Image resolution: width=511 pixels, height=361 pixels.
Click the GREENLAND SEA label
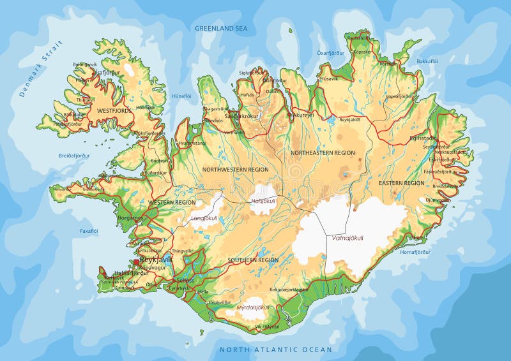(221, 28)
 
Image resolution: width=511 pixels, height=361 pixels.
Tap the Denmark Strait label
(42, 68)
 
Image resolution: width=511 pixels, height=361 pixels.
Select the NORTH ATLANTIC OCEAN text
(275, 350)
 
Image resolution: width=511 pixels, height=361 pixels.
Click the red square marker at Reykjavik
(136, 262)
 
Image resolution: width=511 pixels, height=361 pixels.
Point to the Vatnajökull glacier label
(347, 238)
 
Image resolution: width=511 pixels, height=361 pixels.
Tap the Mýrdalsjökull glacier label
(254, 307)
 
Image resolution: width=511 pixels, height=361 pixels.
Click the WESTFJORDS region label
(114, 110)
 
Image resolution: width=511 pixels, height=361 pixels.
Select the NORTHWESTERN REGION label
(235, 170)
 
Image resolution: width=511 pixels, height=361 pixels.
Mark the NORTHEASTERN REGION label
(323, 153)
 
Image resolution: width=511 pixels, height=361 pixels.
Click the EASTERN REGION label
(401, 183)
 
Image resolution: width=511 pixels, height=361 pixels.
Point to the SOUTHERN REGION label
(253, 260)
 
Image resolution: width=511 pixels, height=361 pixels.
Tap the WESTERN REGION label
(172, 202)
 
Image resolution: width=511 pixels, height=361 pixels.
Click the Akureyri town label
(303, 115)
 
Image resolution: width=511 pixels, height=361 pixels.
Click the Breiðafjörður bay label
(74, 155)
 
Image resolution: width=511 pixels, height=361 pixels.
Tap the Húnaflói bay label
(181, 96)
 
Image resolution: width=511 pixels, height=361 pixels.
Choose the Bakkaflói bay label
(427, 61)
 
